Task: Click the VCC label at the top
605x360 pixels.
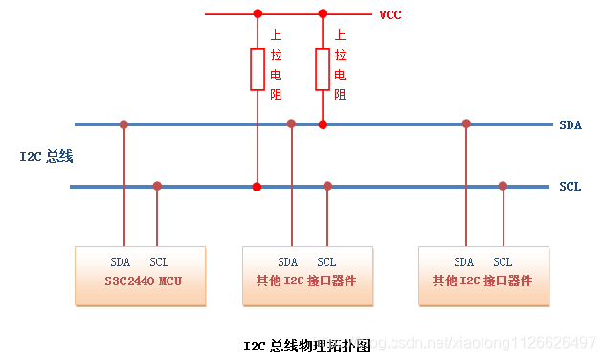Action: [x=390, y=14]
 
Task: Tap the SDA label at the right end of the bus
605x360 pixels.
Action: [x=570, y=124]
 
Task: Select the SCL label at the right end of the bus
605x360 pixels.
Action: [x=570, y=187]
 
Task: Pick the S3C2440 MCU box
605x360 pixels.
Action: [x=141, y=276]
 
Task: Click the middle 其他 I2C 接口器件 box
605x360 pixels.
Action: [x=307, y=276]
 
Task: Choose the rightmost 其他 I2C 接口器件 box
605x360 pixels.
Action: [x=484, y=276]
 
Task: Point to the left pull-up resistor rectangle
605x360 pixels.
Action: [x=257, y=68]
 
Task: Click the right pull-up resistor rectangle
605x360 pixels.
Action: [x=323, y=68]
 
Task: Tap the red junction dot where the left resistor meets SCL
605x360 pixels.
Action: [x=257, y=186]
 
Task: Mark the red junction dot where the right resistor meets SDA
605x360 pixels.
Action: [x=323, y=124]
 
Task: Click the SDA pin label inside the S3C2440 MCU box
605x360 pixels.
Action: [x=121, y=261]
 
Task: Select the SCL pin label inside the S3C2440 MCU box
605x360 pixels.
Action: [x=159, y=261]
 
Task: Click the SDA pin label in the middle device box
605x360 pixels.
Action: [x=288, y=261]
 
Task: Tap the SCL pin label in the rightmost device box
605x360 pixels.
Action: [x=503, y=261]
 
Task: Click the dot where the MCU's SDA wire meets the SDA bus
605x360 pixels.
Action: [x=123, y=124]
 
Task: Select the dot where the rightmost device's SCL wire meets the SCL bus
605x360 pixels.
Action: [x=503, y=186]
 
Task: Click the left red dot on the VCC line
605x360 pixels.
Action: [x=257, y=14]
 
